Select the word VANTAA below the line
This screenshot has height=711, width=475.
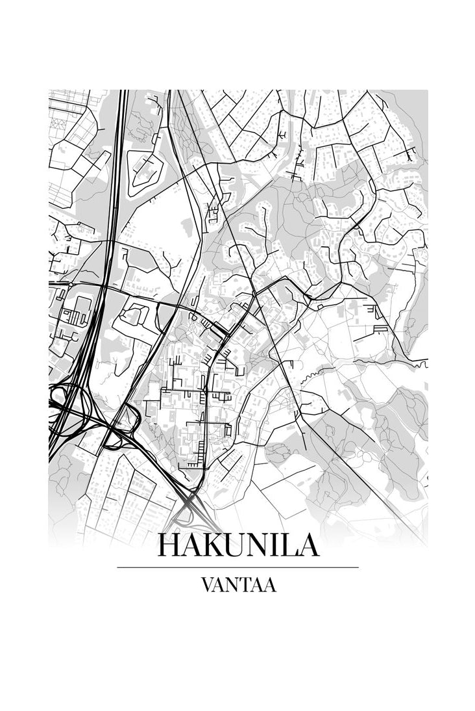click(x=238, y=585)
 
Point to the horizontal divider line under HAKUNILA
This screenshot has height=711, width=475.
click(x=237, y=567)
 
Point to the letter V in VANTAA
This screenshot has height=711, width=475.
click(x=207, y=585)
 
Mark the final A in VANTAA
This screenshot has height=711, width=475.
click(x=269, y=585)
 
